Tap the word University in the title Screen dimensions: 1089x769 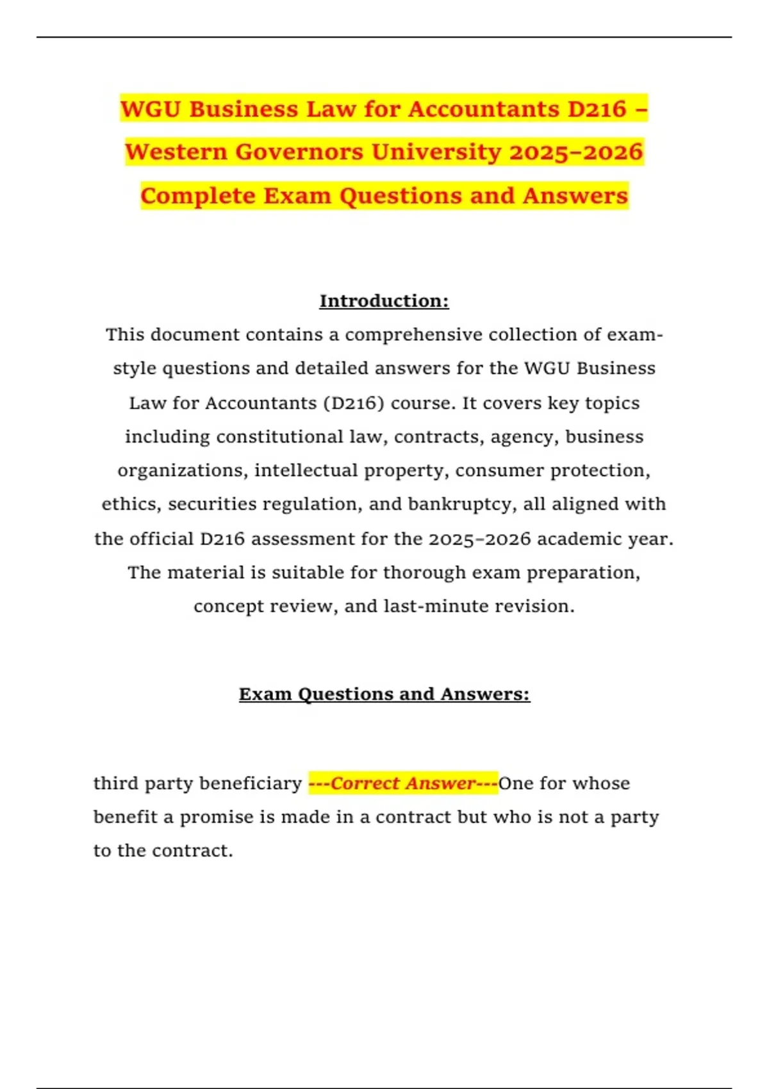pyautogui.click(x=436, y=152)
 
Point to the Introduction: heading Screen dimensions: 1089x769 pyautogui.click(x=384, y=301)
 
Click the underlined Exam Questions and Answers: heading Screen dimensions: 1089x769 pyautogui.click(x=384, y=694)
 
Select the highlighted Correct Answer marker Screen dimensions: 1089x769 pyautogui.click(x=403, y=783)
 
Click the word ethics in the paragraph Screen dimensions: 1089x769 pyautogui.click(x=130, y=504)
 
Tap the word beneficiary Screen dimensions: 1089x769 pyautogui.click(x=251, y=783)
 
